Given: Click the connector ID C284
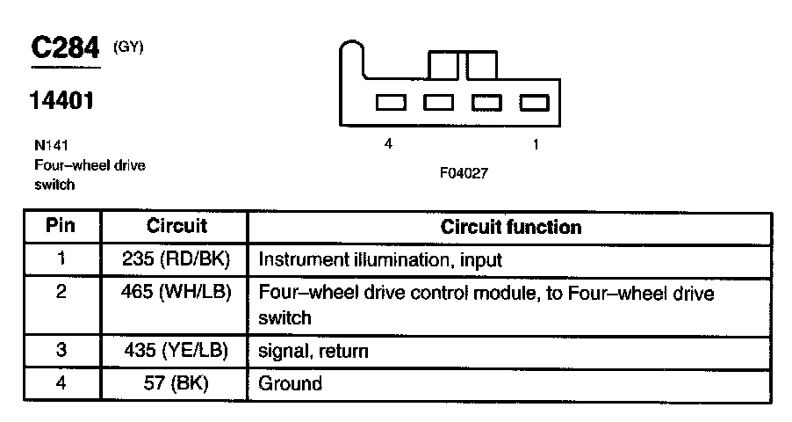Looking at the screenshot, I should pyautogui.click(x=66, y=49).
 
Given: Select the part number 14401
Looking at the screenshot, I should pyautogui.click(x=61, y=102).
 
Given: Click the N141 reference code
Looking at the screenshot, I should pyautogui.click(x=52, y=146).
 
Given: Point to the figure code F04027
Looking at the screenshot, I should pyautogui.click(x=464, y=174).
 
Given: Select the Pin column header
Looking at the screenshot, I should pyautogui.click(x=61, y=226).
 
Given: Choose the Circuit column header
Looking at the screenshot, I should pyautogui.click(x=176, y=226).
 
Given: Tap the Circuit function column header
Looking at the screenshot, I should pyautogui.click(x=511, y=227).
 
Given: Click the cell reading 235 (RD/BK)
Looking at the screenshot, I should pyautogui.click(x=176, y=260).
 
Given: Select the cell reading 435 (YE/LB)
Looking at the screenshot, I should pyautogui.click(x=176, y=351).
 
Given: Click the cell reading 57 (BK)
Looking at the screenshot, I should pyautogui.click(x=176, y=383).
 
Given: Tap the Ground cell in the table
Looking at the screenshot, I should pyautogui.click(x=290, y=383).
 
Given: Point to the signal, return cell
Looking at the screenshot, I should pyautogui.click(x=312, y=351).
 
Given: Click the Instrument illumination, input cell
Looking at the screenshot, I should pyautogui.click(x=379, y=260).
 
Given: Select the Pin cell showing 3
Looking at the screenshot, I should pyautogui.click(x=61, y=351).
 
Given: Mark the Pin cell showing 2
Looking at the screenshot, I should pyautogui.click(x=61, y=293).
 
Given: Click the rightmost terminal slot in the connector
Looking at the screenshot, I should pyautogui.click(x=534, y=103).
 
